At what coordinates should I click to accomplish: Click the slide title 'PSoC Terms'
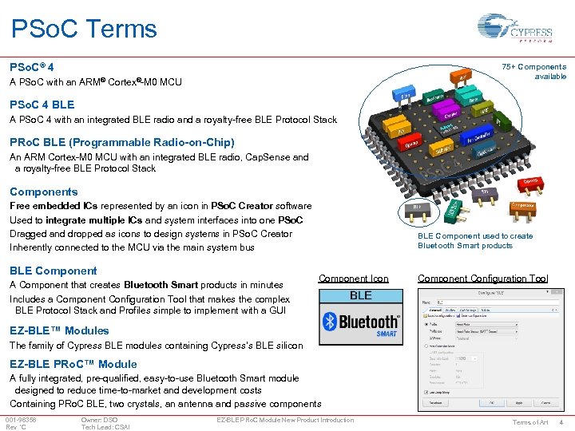tap(84, 29)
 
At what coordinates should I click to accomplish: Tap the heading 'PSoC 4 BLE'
tap(42, 105)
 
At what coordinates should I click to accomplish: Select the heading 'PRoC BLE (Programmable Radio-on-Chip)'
tap(121, 142)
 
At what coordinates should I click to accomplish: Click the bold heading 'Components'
tap(44, 192)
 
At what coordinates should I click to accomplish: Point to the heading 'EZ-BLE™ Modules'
tap(59, 330)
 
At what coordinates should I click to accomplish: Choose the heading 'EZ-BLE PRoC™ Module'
tap(73, 364)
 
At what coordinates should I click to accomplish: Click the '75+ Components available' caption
tap(534, 72)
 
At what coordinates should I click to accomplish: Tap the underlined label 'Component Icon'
tap(354, 279)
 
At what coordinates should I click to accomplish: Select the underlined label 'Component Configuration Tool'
tap(483, 279)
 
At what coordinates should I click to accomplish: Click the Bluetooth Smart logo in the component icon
tap(361, 322)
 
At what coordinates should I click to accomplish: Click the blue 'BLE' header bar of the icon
tap(361, 295)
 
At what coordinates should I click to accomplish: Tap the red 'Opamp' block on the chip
tap(529, 183)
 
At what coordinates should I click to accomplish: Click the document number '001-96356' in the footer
tap(21, 420)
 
